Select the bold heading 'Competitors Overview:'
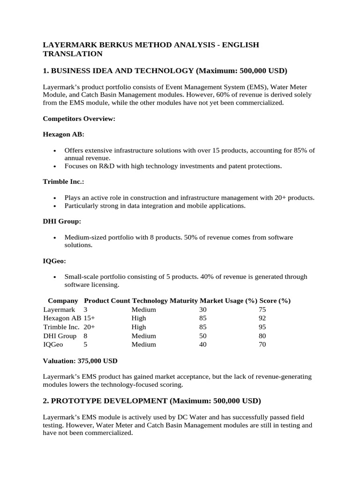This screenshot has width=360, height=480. (79, 119)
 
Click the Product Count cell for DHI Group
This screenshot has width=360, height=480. (86, 336)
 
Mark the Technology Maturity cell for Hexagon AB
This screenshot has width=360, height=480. (139, 318)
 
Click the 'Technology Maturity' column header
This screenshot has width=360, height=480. (165, 300)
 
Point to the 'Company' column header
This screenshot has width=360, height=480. (63, 300)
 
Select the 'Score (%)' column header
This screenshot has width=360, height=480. (274, 300)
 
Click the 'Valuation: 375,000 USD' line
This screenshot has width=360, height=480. (80, 361)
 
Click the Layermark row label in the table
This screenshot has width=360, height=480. (59, 309)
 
